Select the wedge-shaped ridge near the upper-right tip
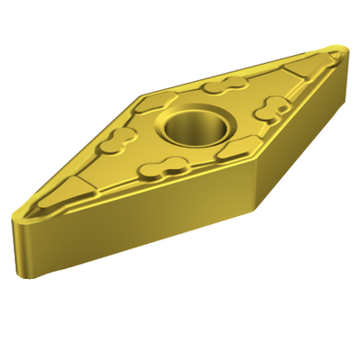(297, 72)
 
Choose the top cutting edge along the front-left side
(135, 202)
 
